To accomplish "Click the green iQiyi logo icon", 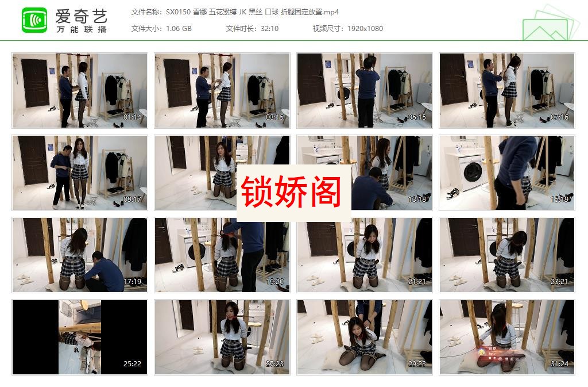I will point(34,20).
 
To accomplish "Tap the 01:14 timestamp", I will point(133,117).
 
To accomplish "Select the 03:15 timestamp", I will point(275,117).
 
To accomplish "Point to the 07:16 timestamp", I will point(559,117).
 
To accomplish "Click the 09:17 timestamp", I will point(133,200).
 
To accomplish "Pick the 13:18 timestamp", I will point(417,200).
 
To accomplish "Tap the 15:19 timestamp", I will point(559,200).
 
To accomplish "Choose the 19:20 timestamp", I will point(275,282).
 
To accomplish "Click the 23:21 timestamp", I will point(559,282).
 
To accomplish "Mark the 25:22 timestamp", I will point(133,364).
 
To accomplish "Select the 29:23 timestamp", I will point(417,364).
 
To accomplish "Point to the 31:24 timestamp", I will point(559,364).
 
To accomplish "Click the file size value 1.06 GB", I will point(179,29).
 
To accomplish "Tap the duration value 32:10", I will point(269,29).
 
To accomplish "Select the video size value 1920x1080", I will point(365,29).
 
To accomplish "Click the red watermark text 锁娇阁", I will point(291,192).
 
